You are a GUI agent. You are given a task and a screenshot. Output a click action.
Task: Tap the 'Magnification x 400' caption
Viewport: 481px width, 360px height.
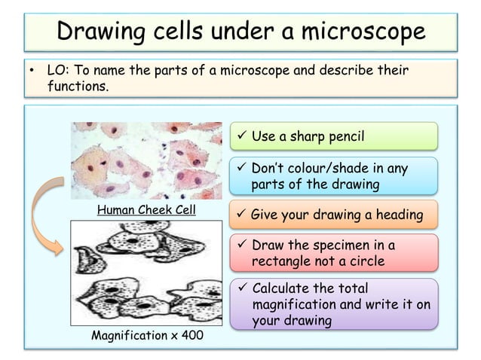click(x=146, y=335)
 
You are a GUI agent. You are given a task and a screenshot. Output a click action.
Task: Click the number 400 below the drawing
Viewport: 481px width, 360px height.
click(x=191, y=335)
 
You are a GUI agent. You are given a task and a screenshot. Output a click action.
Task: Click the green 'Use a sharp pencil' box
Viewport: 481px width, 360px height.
click(x=333, y=137)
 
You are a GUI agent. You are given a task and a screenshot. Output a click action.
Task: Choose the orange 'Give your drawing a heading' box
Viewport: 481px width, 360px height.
click(x=333, y=215)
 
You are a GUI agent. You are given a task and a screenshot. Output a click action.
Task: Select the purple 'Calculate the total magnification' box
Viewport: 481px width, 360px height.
click(x=333, y=305)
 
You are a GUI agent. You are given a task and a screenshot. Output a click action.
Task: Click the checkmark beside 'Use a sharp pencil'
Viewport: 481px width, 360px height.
click(x=240, y=137)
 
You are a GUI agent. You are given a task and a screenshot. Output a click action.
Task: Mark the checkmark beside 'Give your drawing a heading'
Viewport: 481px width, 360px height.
click(x=240, y=215)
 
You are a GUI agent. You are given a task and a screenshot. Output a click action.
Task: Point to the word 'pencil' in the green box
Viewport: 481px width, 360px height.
click(x=343, y=137)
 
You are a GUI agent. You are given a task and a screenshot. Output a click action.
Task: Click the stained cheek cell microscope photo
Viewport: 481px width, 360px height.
click(x=146, y=160)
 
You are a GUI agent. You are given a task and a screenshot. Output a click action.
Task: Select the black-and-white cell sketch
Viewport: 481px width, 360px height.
click(x=146, y=272)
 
